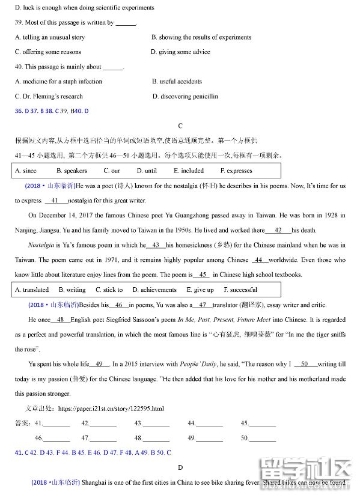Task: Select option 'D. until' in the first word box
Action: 147,171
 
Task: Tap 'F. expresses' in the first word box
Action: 236,171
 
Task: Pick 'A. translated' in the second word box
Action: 32,290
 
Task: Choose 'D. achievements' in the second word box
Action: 154,290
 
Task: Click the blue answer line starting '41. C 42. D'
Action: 93,452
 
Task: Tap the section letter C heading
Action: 180,126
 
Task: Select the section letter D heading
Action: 180,467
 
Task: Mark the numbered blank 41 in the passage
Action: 55,201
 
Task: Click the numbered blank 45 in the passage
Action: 202,275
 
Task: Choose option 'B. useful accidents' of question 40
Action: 177,82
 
